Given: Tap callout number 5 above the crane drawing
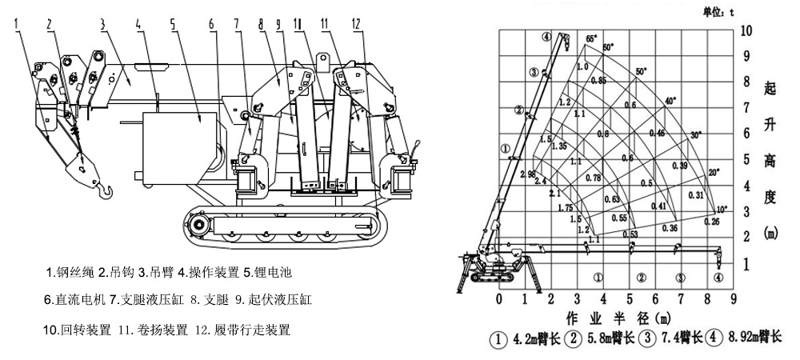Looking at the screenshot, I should click(172, 25).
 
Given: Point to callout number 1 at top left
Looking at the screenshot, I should click(16, 25).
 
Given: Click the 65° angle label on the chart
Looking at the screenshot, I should click(591, 38).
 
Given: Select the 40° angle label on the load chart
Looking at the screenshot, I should click(670, 101).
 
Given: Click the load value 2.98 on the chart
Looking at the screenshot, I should click(527, 174).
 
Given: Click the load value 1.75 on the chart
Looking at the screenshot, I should click(565, 207).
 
